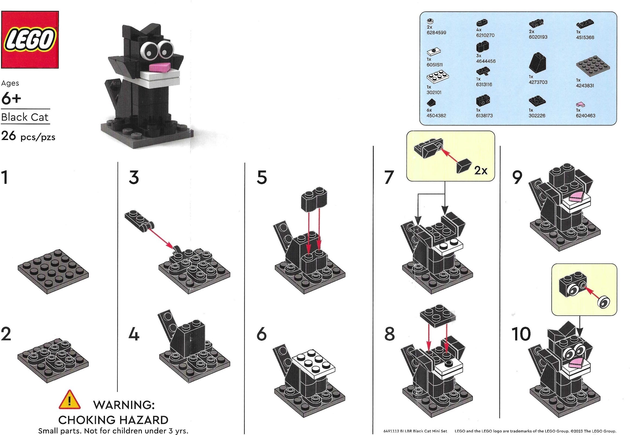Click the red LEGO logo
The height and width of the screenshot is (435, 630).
(x=30, y=40)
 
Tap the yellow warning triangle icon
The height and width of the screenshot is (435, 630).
(x=70, y=400)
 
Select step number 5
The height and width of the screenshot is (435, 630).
(x=261, y=178)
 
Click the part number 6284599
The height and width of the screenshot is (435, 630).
(x=436, y=33)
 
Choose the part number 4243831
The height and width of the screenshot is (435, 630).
(x=585, y=86)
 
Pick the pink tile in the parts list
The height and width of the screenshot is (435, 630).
(x=581, y=104)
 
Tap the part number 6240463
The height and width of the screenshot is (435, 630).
(x=586, y=115)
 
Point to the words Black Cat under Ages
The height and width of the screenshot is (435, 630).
(x=25, y=117)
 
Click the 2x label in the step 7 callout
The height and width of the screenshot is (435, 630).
(x=481, y=171)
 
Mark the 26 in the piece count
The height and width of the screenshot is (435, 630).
(x=8, y=136)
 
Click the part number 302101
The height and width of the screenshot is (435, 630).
(x=434, y=92)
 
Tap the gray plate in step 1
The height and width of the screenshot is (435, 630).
(x=53, y=271)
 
